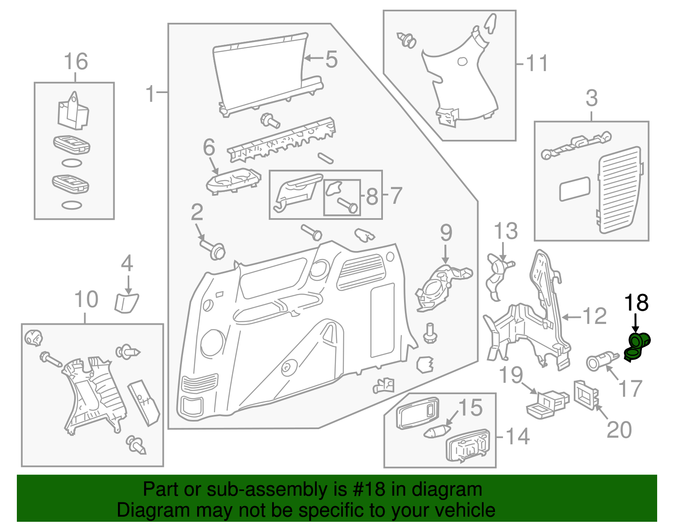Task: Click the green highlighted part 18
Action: tap(637, 347)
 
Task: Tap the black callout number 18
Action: tap(636, 303)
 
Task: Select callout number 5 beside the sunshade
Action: tap(332, 59)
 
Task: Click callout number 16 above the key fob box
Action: tap(76, 61)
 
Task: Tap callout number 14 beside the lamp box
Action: tap(517, 437)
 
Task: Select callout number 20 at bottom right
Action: tap(619, 430)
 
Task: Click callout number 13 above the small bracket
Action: tap(505, 231)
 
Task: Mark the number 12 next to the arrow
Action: tap(594, 316)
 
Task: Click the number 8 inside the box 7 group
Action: tap(372, 197)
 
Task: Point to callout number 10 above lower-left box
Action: tap(86, 300)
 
